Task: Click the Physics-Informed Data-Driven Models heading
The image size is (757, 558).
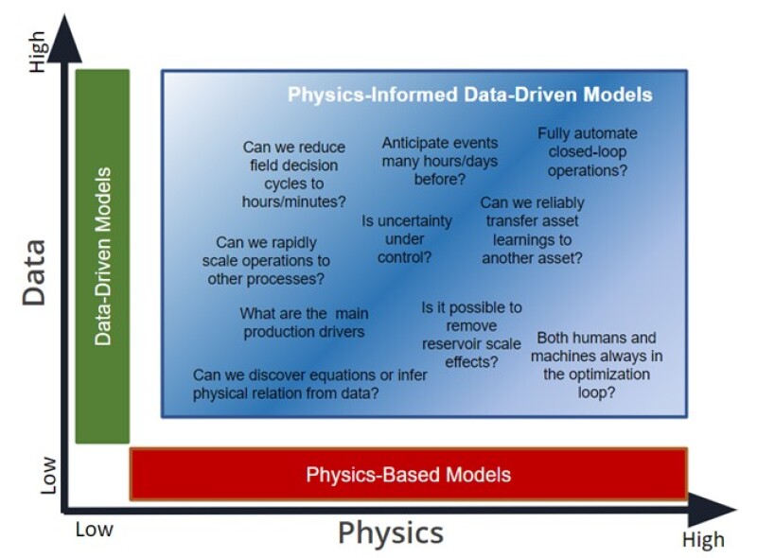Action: point(469,96)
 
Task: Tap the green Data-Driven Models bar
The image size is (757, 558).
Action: point(102,255)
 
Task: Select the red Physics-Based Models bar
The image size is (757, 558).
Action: point(408,474)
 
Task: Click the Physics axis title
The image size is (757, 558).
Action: point(390,532)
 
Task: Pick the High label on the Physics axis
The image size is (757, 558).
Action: point(702,539)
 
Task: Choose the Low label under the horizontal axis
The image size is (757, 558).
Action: point(94,529)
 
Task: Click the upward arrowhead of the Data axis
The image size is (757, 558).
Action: point(63,38)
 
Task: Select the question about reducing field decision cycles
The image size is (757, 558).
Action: point(293,175)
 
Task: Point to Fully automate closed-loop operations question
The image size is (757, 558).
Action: point(587,151)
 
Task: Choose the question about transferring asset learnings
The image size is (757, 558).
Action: point(532,230)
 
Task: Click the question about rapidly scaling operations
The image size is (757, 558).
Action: point(266,260)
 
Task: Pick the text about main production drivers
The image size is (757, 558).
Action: point(303,323)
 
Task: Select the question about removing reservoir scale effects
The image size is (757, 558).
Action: point(470,335)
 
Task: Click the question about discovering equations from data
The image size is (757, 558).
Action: point(309,384)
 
